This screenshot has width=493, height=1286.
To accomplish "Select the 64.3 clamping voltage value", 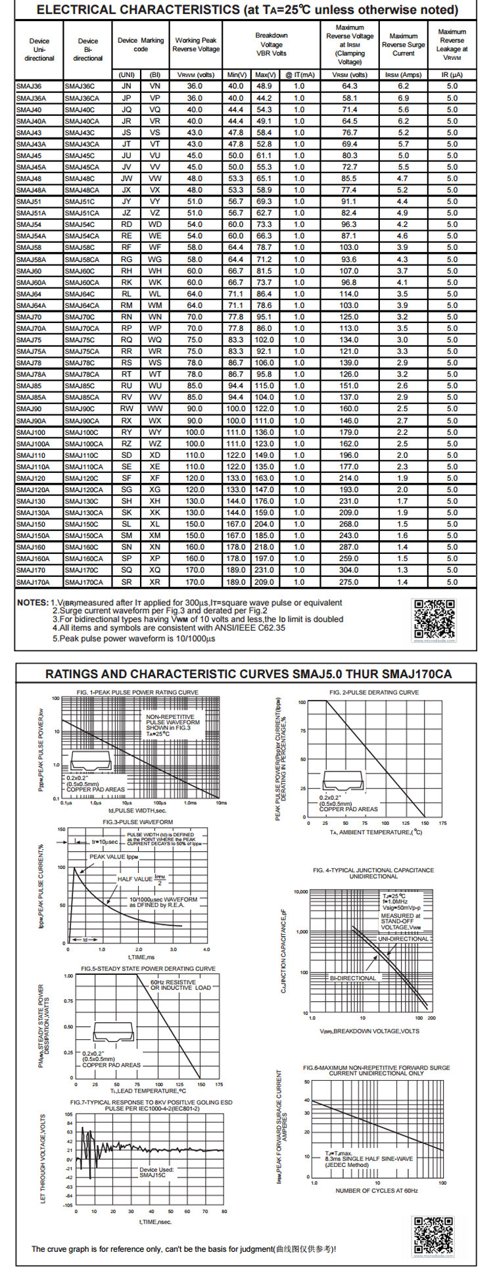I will pyautogui.click(x=349, y=86).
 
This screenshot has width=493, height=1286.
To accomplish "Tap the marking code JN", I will pyautogui.click(x=127, y=86).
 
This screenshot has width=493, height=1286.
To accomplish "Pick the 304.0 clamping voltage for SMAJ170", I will pyautogui.click(x=349, y=570).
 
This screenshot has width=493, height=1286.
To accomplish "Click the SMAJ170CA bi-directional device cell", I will pyautogui.click(x=83, y=582).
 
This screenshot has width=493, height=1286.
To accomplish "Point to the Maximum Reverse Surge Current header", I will pyautogui.click(x=403, y=45).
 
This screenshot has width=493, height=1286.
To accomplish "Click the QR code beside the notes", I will pyautogui.click(x=434, y=619).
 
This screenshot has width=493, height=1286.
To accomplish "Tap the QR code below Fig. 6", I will pyautogui.click(x=433, y=1235).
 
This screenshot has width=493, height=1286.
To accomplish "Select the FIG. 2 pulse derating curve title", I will pyautogui.click(x=374, y=692).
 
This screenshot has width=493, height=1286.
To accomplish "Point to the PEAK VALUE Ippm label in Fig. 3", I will pyautogui.click(x=114, y=856).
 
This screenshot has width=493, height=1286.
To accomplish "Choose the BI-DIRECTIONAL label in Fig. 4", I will pyautogui.click(x=353, y=978).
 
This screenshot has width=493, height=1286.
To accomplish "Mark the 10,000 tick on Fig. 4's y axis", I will pyautogui.click(x=300, y=892).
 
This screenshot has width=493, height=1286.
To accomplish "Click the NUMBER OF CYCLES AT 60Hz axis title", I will pyautogui.click(x=376, y=1191).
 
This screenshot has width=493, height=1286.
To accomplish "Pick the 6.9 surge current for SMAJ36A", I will pyautogui.click(x=403, y=98).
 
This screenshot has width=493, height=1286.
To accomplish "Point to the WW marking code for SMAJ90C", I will pyautogui.click(x=155, y=409).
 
